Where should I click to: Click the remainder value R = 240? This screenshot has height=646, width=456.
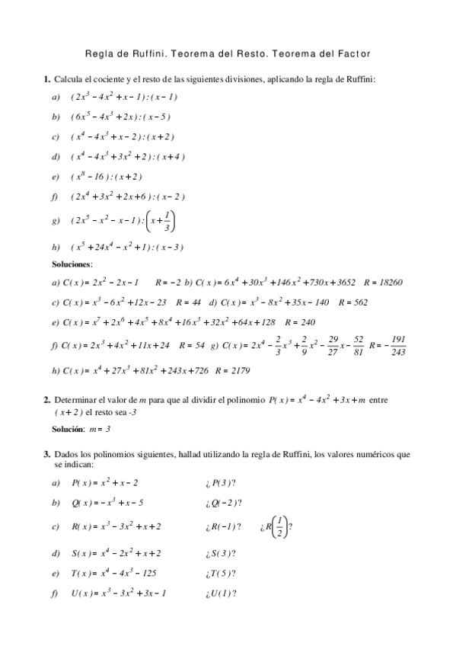click(299, 322)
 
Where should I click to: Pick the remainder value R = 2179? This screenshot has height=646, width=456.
click(233, 371)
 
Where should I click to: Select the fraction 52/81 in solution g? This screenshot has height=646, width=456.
click(359, 345)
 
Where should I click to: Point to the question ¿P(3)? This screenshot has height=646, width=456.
click(219, 483)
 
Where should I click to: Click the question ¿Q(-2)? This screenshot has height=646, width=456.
click(223, 503)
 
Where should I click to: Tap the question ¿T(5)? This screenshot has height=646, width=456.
click(220, 574)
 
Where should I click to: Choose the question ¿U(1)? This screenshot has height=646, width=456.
click(220, 593)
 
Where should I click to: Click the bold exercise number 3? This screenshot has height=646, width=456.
click(46, 455)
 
